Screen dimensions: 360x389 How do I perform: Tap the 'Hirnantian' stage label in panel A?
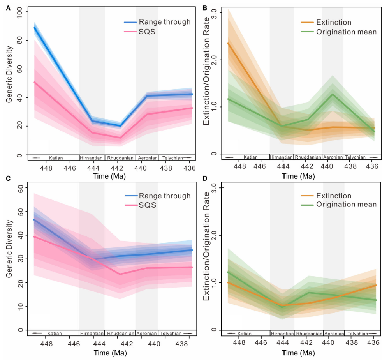(92, 158)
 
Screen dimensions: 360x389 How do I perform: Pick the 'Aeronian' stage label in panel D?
(333, 334)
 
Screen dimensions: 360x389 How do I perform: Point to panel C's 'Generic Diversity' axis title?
(9, 249)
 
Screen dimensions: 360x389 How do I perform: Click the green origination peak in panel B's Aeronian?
(333, 94)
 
